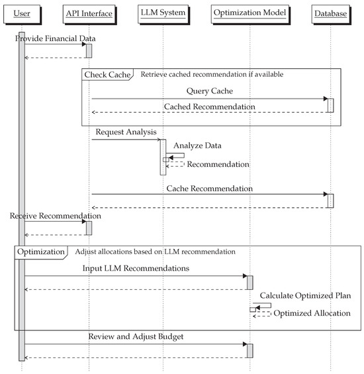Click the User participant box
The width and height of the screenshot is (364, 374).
[22, 13]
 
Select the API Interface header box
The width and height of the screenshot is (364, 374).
[89, 13]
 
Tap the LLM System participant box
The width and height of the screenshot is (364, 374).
[162, 13]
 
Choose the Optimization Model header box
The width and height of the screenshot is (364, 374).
[250, 13]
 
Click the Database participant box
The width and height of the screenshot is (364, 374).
[330, 13]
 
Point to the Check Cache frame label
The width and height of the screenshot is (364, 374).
[107, 74]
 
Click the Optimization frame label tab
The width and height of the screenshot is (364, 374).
[40, 252]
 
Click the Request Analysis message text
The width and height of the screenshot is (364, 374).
[126, 132]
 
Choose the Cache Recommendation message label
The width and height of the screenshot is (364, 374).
[208, 188]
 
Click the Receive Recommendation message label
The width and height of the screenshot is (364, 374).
[56, 216]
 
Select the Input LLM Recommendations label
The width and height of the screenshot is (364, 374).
[136, 269]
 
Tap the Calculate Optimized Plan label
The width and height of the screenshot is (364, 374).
[305, 295]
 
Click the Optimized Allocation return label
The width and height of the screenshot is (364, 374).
[312, 313]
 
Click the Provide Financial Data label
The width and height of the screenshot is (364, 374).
[51, 39]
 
